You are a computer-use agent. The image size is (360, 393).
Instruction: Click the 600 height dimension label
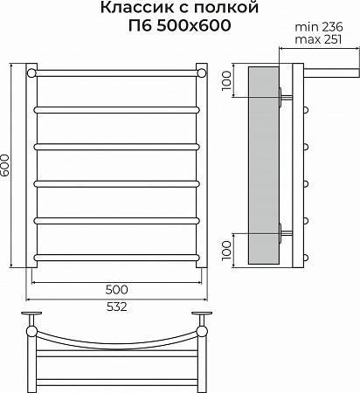point(5,165)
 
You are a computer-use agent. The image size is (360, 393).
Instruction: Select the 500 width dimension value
point(116,290)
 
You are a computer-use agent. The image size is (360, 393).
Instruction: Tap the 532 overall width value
point(116,307)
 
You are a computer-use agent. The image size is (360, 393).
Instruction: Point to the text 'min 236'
point(319,27)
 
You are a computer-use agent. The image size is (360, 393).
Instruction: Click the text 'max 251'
point(318,39)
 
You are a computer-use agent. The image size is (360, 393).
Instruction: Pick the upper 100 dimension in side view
point(226,80)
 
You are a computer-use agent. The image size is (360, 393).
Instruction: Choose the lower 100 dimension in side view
point(226,251)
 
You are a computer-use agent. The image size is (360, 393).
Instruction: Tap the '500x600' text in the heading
point(194,25)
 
